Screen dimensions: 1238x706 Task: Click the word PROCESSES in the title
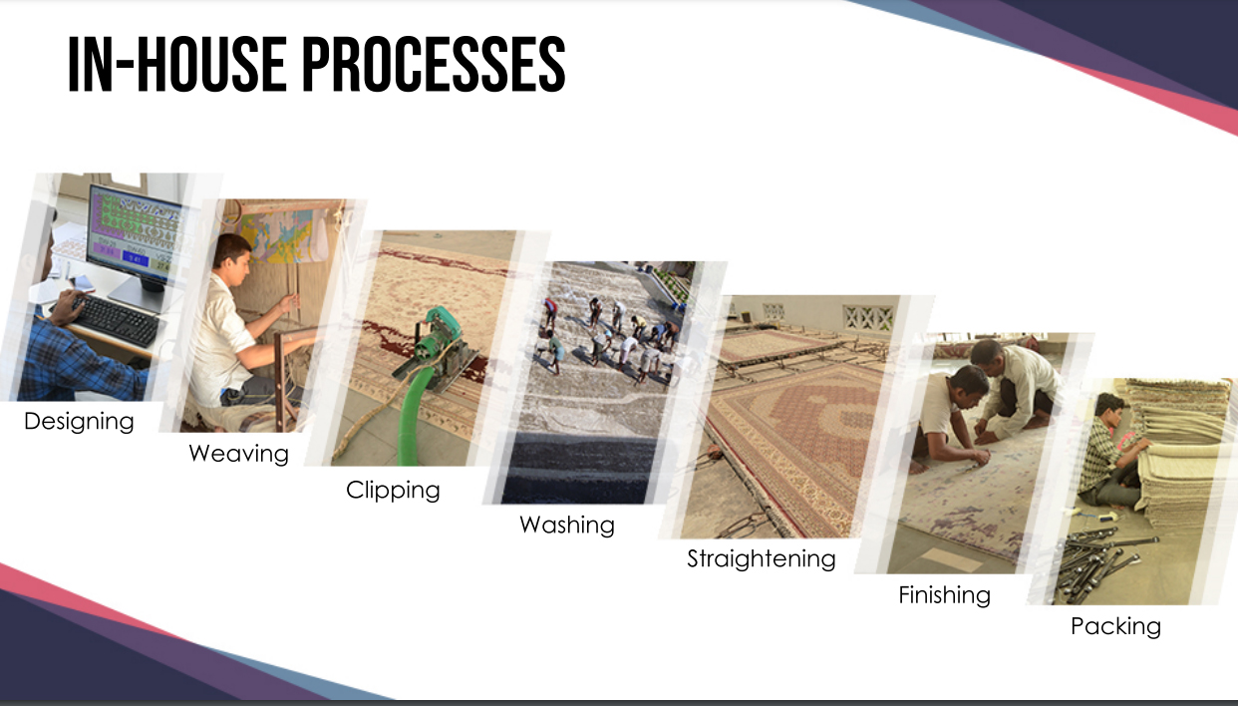[x=435, y=64]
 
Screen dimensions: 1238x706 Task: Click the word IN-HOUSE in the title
[x=176, y=64]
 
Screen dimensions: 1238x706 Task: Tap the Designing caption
[x=79, y=422]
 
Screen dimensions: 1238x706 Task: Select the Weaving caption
[x=239, y=454]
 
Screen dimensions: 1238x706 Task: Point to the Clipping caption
[x=393, y=491]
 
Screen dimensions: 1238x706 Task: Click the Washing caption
[x=567, y=526]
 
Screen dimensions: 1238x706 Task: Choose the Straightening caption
[x=761, y=559]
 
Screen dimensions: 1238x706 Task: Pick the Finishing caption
[x=945, y=595]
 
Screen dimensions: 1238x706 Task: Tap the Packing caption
[x=1115, y=626]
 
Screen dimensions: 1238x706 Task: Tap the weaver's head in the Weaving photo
[x=231, y=257]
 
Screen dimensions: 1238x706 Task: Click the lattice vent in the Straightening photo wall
[x=868, y=317]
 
